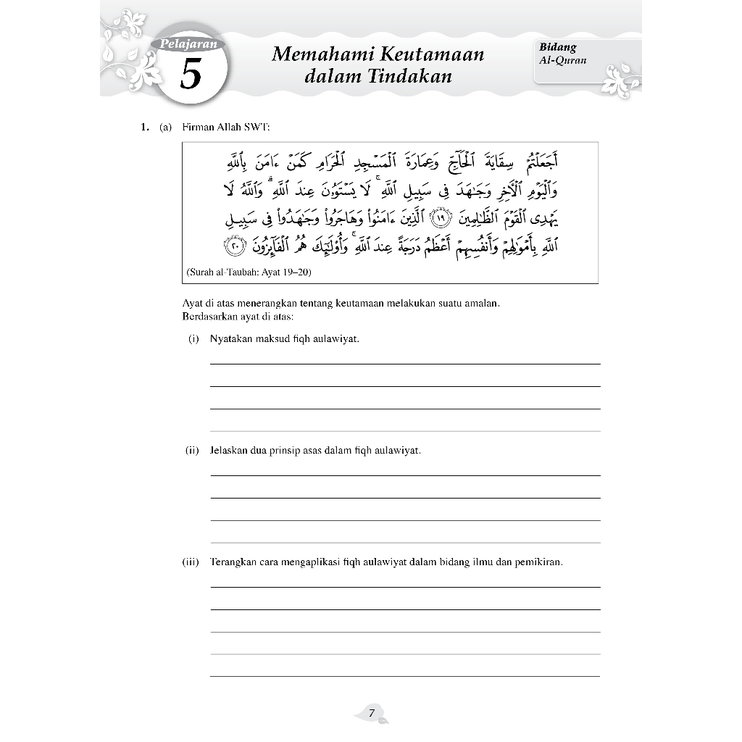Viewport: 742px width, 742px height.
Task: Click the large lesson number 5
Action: pyautogui.click(x=190, y=75)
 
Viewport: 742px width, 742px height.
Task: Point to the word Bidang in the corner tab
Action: pyautogui.click(x=557, y=48)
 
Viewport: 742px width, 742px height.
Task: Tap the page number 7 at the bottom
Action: pyautogui.click(x=371, y=713)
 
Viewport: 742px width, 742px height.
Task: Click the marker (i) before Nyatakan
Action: pyautogui.click(x=193, y=338)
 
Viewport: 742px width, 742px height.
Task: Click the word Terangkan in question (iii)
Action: pyautogui.click(x=233, y=562)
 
